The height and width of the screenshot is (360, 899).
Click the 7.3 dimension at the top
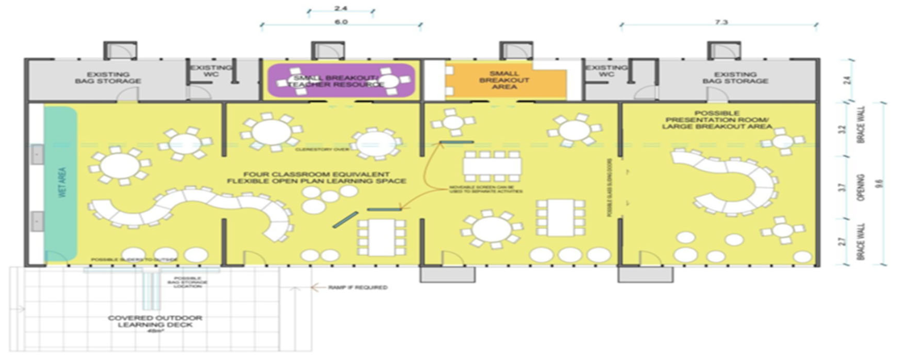tap(721, 22)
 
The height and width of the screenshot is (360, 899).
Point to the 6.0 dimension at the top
tap(341, 22)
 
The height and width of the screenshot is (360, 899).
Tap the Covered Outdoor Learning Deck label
tap(155, 321)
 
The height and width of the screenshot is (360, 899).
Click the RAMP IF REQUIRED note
tap(358, 287)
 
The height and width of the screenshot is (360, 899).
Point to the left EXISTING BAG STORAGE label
tap(108, 77)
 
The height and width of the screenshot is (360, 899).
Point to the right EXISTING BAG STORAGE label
tap(735, 77)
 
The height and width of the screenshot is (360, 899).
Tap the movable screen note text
tap(486, 189)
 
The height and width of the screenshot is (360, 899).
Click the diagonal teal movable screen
tap(345, 220)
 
